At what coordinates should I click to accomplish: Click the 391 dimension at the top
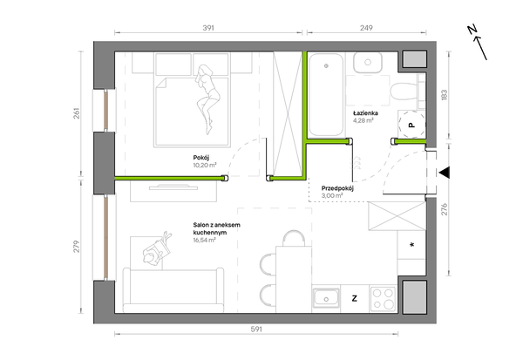[208, 28]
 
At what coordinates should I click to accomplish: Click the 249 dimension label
[366, 28]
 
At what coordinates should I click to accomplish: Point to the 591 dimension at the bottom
[256, 329]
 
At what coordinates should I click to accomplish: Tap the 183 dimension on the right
[445, 95]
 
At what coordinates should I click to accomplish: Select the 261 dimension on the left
[77, 113]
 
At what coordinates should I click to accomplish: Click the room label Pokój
[201, 158]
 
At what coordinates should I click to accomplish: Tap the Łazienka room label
[365, 113]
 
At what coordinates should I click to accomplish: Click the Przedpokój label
[337, 188]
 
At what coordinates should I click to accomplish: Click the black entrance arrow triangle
[445, 173]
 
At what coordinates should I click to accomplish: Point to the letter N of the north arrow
[472, 30]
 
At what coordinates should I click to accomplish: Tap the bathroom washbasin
[368, 63]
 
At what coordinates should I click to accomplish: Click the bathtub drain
[326, 66]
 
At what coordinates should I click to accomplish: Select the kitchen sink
[326, 298]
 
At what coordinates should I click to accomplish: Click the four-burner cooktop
[383, 299]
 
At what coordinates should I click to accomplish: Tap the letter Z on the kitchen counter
[355, 298]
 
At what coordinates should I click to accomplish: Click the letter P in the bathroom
[412, 126]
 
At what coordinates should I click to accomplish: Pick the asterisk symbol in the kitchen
[412, 245]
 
